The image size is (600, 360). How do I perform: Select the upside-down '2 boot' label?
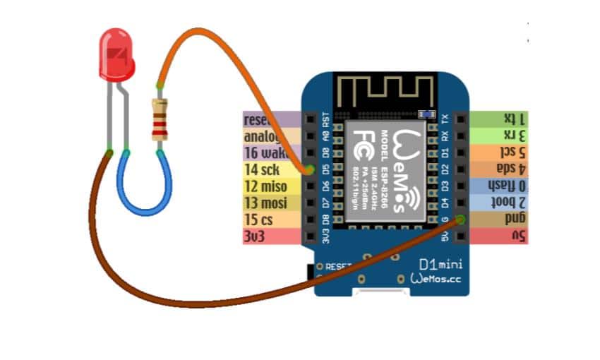point(508,203)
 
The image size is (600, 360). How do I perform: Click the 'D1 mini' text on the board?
point(438,264)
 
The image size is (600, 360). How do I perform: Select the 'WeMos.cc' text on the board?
point(436,280)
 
